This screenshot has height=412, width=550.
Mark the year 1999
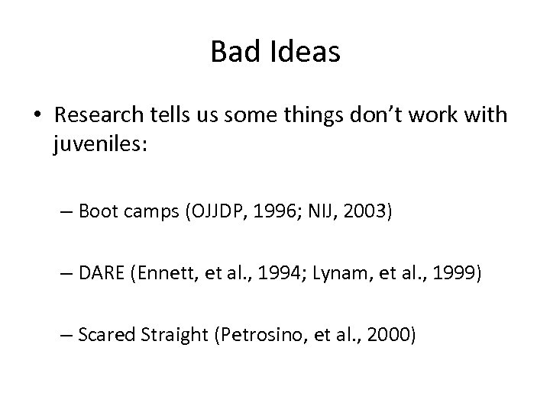click(455, 272)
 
